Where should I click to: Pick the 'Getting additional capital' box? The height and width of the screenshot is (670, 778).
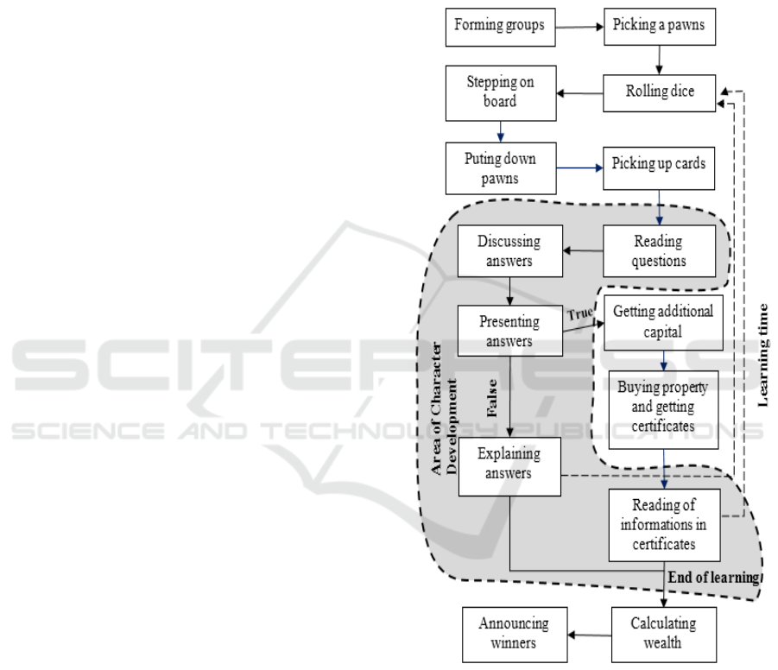(660, 321)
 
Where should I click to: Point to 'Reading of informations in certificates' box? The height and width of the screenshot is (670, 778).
(663, 523)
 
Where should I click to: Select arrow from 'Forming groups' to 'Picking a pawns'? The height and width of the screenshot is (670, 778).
(576, 27)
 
